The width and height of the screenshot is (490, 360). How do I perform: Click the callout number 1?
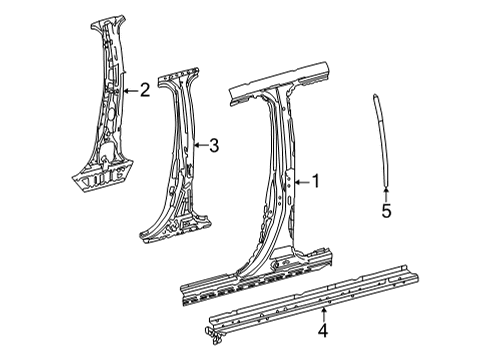click(x=315, y=181)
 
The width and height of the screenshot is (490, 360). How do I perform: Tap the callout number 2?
click(x=145, y=90)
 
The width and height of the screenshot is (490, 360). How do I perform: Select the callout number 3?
click(x=214, y=145)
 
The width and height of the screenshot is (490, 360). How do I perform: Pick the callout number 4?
click(x=323, y=330)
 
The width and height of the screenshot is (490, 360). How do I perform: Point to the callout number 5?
click(x=386, y=211)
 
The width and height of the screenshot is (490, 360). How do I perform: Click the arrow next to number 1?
click(x=302, y=182)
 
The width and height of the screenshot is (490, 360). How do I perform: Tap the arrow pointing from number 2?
click(x=130, y=90)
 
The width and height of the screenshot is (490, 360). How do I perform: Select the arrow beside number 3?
click(x=201, y=145)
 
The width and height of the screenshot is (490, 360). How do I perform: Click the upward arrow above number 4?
click(x=323, y=315)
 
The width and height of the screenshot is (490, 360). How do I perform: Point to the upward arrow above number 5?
click(x=386, y=195)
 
